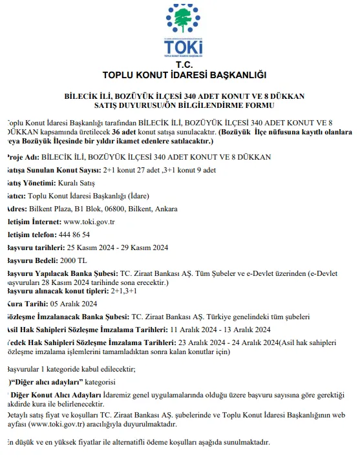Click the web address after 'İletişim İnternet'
(89, 222)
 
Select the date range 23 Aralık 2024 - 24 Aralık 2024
(222, 343)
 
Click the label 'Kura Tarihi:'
(25, 303)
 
